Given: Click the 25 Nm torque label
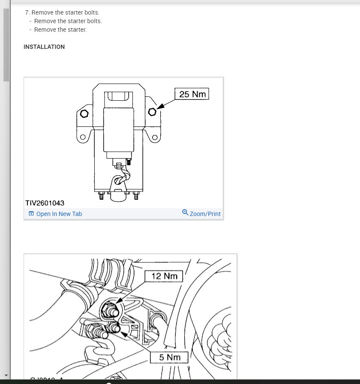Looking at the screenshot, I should point(192,94).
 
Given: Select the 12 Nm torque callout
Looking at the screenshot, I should point(164,276).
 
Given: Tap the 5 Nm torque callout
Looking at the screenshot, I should point(169,357).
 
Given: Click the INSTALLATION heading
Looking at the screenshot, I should point(44,47).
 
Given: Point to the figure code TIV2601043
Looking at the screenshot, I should point(45,203).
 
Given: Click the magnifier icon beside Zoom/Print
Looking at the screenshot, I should point(185,213).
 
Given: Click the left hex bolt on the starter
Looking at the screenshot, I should point(84,114).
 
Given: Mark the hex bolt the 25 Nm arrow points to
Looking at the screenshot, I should point(152,112).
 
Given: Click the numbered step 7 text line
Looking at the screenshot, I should point(62,12).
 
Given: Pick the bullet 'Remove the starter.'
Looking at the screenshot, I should point(60,30).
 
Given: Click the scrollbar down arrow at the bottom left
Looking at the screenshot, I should point(6,375).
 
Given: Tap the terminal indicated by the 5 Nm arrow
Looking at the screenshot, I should point(114,328).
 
